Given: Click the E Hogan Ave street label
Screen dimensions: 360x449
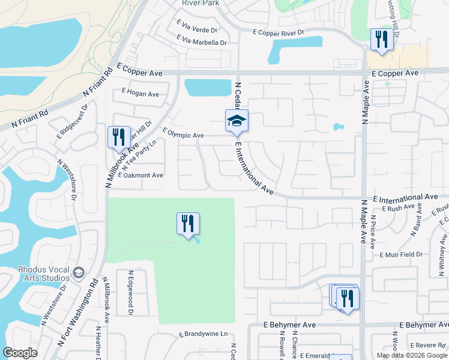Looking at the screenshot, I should point(140,94).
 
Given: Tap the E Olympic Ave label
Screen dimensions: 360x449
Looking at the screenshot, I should point(183,135).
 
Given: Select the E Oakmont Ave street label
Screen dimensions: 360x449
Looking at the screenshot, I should point(140,175).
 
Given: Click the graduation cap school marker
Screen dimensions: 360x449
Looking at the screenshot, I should point(237,121).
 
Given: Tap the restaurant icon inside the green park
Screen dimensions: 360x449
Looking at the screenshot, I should point(188,224).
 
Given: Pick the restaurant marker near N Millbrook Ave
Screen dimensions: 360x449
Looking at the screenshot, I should point(118,137).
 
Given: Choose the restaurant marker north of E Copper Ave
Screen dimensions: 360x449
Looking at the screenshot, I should point(381,40).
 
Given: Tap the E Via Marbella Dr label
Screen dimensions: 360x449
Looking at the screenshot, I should point(202,43).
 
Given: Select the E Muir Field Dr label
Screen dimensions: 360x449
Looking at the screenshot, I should point(401,254).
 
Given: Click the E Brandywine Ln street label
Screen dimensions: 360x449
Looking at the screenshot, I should point(204,334).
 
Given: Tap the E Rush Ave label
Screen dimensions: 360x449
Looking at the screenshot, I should point(402,208).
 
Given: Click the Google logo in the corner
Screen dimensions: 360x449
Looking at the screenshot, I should point(20,353).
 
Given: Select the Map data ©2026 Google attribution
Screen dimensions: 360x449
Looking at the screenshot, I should point(412,355).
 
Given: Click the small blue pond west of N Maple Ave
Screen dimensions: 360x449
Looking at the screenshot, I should point(339,127).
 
